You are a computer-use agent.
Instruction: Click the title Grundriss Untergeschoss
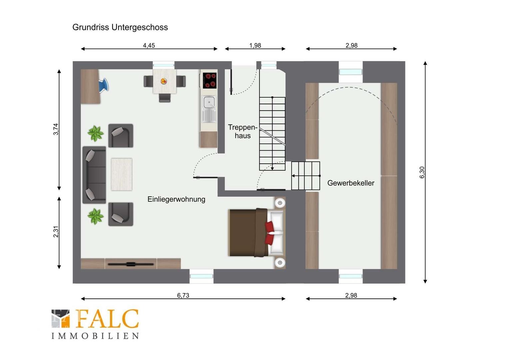coord(120,27)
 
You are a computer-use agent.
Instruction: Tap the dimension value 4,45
coord(149,45)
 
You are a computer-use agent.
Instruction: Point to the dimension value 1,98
coord(255,45)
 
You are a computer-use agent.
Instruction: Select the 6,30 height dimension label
coord(422,172)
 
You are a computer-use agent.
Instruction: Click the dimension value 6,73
coord(183,295)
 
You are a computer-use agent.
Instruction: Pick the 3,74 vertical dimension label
coord(56,129)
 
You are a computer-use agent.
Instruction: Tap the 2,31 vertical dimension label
coord(56,232)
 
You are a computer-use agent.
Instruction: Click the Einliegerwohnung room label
coord(176,199)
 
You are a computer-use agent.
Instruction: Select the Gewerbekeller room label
coord(351,183)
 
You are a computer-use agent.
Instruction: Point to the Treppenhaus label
coord(243,131)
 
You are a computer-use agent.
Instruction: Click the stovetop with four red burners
coord(210,80)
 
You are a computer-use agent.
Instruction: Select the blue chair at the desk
coord(104,86)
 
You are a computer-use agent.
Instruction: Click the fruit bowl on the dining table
coord(164,81)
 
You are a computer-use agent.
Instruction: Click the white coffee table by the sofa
coord(122,174)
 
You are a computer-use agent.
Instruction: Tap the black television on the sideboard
coord(131,264)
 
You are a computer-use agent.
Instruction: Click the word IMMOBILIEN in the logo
coord(95,336)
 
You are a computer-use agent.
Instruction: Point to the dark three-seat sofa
coord(94,175)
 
